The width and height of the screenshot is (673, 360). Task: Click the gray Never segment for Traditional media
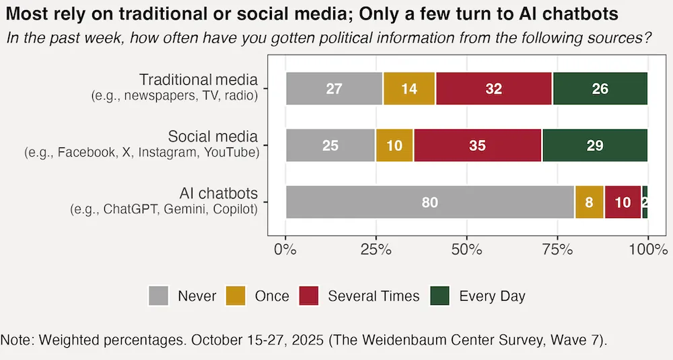(334, 89)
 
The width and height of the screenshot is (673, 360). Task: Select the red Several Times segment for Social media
(477, 145)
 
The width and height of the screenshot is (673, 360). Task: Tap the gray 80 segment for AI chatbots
(429, 203)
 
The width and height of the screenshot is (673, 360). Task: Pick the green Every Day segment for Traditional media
(600, 89)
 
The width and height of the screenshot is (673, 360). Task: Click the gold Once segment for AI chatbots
(590, 203)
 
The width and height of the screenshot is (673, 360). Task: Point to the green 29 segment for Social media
(594, 145)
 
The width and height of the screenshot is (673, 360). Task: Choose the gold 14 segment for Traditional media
(409, 89)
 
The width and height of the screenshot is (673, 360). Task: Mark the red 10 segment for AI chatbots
(623, 203)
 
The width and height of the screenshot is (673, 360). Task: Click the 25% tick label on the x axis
(376, 250)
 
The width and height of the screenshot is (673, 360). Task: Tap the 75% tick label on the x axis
(557, 250)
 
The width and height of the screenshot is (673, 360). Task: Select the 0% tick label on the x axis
(286, 250)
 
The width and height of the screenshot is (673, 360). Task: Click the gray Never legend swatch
(158, 296)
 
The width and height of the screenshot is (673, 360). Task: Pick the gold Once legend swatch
(235, 296)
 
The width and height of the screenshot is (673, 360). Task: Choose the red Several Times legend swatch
(308, 296)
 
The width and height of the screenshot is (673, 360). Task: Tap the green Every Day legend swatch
(439, 296)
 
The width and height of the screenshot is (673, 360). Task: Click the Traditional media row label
(198, 80)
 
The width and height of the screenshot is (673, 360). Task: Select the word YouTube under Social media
(232, 153)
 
